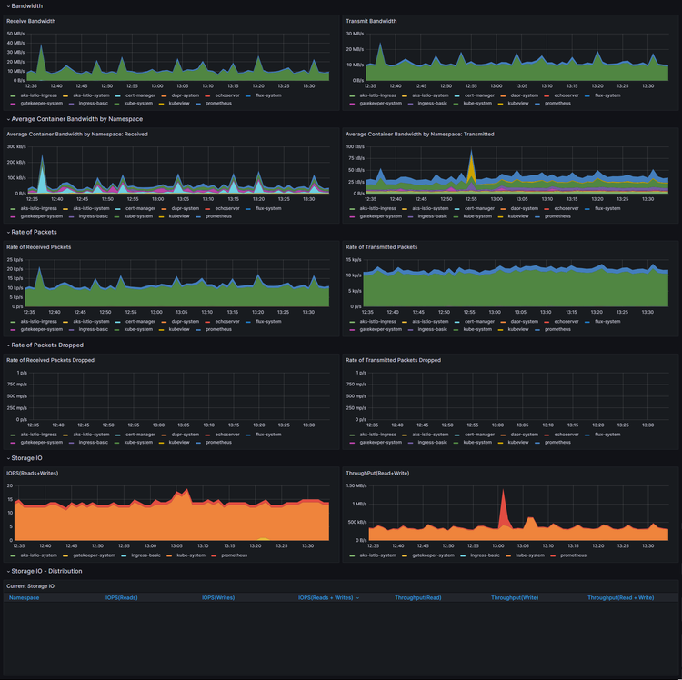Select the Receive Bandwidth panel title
click(x=32, y=21)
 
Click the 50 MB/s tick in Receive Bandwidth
click(x=15, y=34)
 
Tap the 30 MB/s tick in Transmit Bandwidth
click(x=355, y=34)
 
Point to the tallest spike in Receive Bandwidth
click(x=40, y=45)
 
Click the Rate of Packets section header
click(x=34, y=232)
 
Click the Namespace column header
click(x=25, y=597)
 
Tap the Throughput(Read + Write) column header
click(x=621, y=597)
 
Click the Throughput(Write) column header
click(x=515, y=597)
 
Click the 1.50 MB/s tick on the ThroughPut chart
click(x=356, y=485)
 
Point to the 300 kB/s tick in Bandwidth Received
click(x=15, y=146)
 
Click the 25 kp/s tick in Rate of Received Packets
click(x=15, y=259)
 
